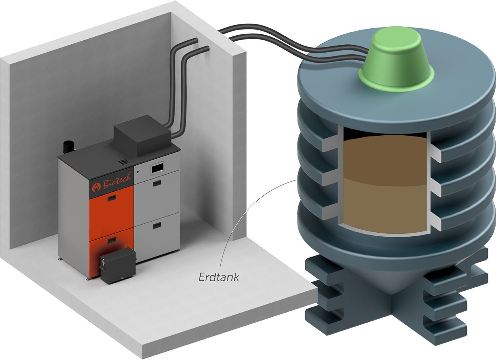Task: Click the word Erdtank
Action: [219, 277]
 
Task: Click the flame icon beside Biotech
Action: [96, 187]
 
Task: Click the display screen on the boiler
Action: [157, 168]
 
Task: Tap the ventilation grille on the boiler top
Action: [124, 162]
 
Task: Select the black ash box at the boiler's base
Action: [118, 265]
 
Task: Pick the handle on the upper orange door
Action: [112, 198]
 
